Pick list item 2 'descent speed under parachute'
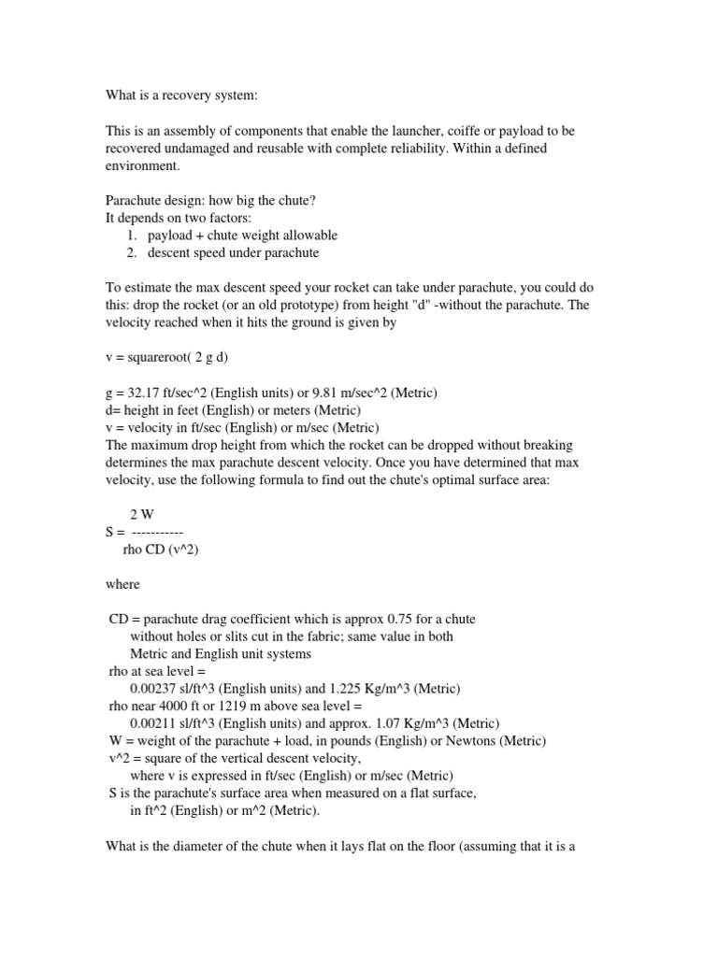233,252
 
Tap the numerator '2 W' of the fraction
141,515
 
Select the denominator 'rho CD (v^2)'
161,550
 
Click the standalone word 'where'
122,584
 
